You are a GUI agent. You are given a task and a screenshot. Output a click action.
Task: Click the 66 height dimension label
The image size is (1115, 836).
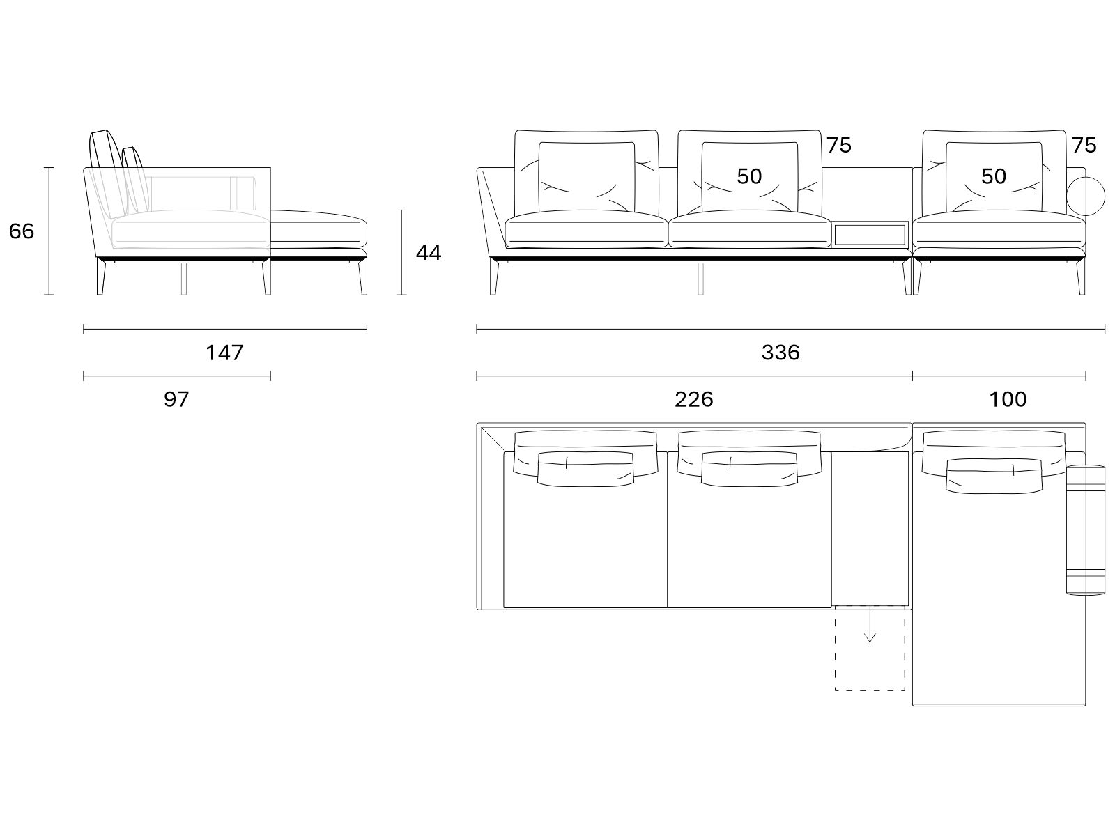(x=22, y=231)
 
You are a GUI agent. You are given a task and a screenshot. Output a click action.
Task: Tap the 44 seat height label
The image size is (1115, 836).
(x=428, y=253)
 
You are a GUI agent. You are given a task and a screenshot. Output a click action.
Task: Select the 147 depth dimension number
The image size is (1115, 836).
(x=224, y=353)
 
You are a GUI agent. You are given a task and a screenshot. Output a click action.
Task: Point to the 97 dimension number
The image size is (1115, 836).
(x=176, y=399)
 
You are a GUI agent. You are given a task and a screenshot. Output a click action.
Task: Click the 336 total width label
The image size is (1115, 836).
(x=780, y=353)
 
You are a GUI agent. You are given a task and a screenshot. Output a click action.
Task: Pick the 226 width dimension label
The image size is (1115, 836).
(x=693, y=399)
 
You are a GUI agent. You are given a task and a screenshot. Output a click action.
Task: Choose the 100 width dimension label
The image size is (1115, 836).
(x=1008, y=399)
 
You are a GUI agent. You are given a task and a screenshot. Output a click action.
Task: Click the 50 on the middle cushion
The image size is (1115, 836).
(x=749, y=176)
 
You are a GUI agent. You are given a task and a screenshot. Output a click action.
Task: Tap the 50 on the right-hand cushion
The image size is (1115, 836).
(x=994, y=176)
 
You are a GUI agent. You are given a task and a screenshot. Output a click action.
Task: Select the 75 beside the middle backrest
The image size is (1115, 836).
(x=838, y=145)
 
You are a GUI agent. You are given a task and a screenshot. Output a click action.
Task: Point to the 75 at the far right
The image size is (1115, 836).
(x=1084, y=145)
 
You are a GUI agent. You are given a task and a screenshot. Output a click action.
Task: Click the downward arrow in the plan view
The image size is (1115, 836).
(x=870, y=625)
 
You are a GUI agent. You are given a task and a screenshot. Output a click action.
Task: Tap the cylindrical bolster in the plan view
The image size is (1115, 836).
(x=1086, y=529)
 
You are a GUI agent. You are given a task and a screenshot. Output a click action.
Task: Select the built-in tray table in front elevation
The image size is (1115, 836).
(x=870, y=235)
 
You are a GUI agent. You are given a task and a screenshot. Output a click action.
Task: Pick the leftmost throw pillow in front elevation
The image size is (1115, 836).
(x=586, y=177)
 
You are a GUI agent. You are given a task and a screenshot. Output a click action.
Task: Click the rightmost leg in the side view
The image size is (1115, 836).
(x=362, y=277)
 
